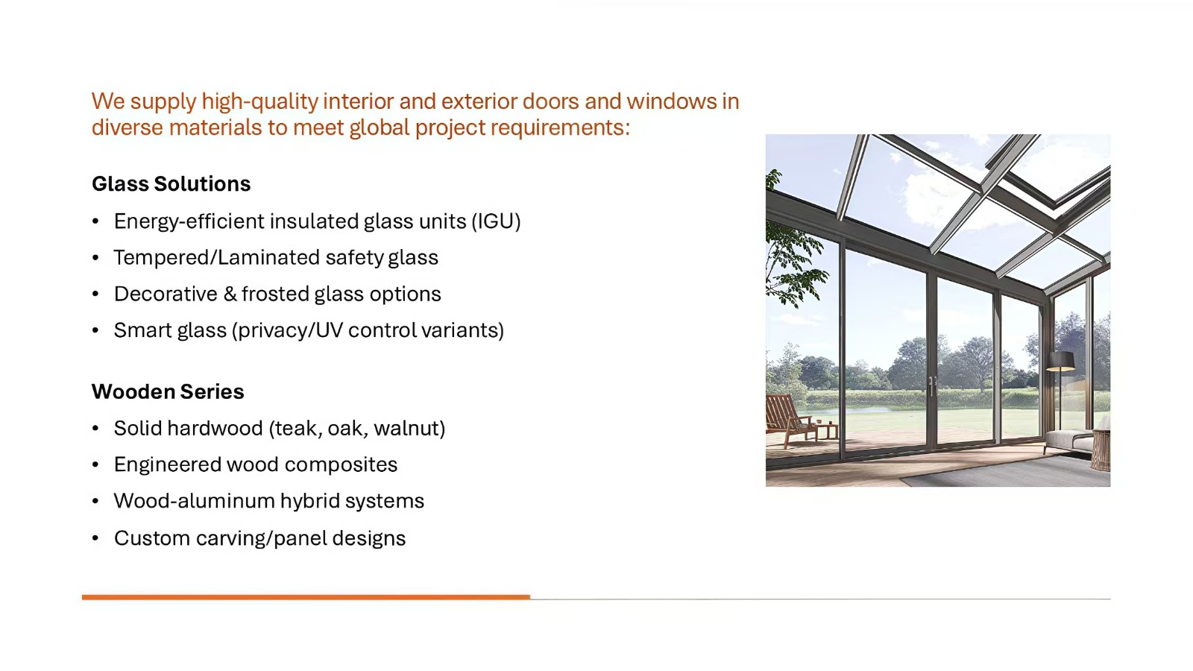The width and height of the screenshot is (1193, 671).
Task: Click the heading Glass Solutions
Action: point(171,183)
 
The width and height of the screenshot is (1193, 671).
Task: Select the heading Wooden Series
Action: point(168,391)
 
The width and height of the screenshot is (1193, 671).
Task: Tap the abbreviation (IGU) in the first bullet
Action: point(496,221)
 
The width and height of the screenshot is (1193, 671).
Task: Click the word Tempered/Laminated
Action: point(216,257)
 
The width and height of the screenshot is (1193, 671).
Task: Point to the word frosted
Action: point(275,294)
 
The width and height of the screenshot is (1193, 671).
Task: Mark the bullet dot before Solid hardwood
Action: point(95,428)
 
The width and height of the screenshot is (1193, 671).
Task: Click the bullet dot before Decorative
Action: point(95,294)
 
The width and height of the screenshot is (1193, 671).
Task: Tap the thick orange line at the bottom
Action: point(306,597)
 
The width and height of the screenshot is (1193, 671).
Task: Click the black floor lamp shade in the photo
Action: point(1060,361)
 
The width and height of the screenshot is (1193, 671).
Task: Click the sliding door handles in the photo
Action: point(932,385)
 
